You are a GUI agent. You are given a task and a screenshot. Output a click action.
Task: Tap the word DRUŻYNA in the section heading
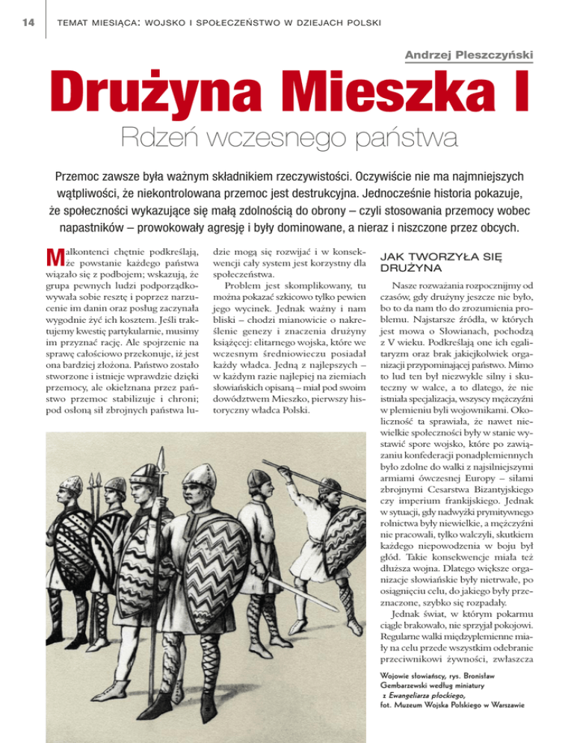[410, 267]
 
